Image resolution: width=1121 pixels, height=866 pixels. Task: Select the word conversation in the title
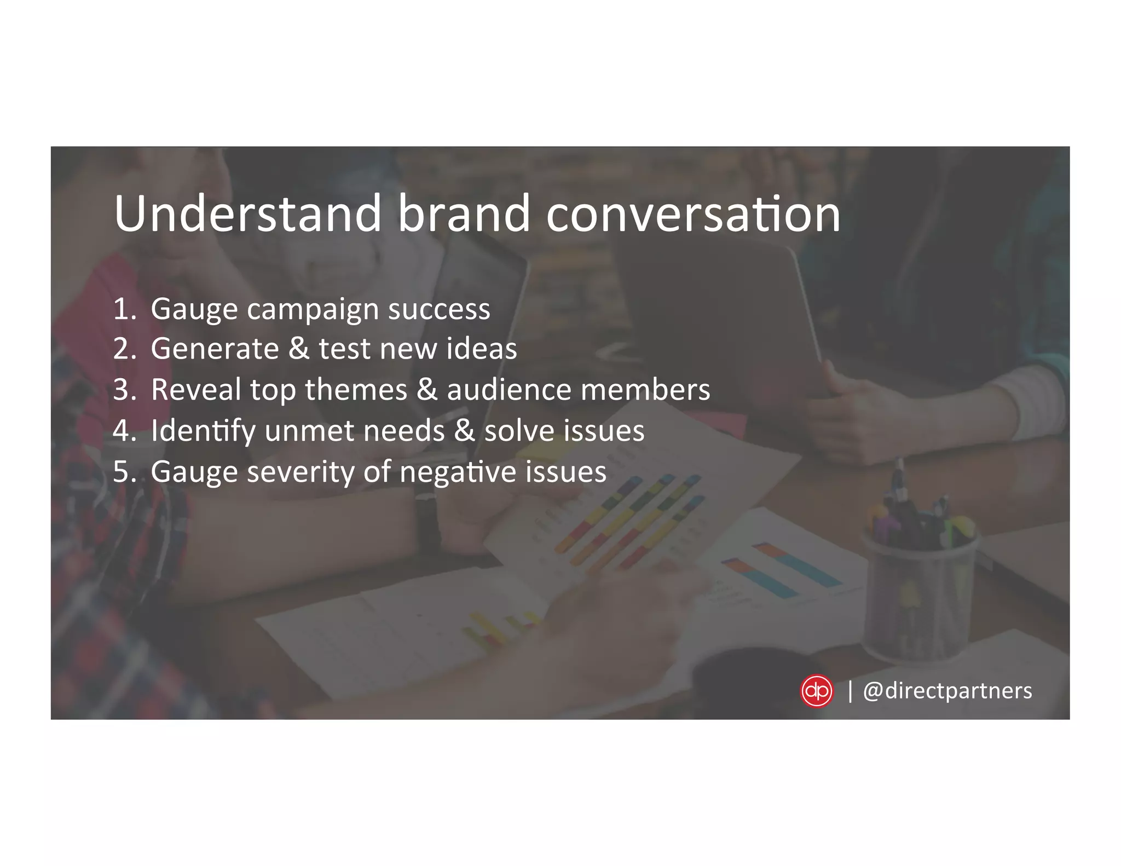pyautogui.click(x=693, y=214)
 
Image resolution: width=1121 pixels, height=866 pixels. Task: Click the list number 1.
pyautogui.click(x=124, y=309)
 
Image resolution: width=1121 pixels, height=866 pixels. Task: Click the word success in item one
pyautogui.click(x=439, y=309)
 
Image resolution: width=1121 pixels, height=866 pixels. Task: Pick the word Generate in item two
pyautogui.click(x=215, y=349)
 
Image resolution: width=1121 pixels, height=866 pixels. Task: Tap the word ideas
pyautogui.click(x=481, y=349)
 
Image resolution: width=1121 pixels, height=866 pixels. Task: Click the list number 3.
pyautogui.click(x=124, y=390)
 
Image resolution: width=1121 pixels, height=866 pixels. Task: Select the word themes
pyautogui.click(x=356, y=390)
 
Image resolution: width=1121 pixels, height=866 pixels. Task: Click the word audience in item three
pyautogui.click(x=509, y=390)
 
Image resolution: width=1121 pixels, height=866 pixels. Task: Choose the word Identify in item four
pyautogui.click(x=203, y=431)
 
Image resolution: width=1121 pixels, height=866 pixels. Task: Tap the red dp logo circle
pyautogui.click(x=816, y=691)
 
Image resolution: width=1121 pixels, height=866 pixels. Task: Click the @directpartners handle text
pyautogui.click(x=947, y=691)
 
